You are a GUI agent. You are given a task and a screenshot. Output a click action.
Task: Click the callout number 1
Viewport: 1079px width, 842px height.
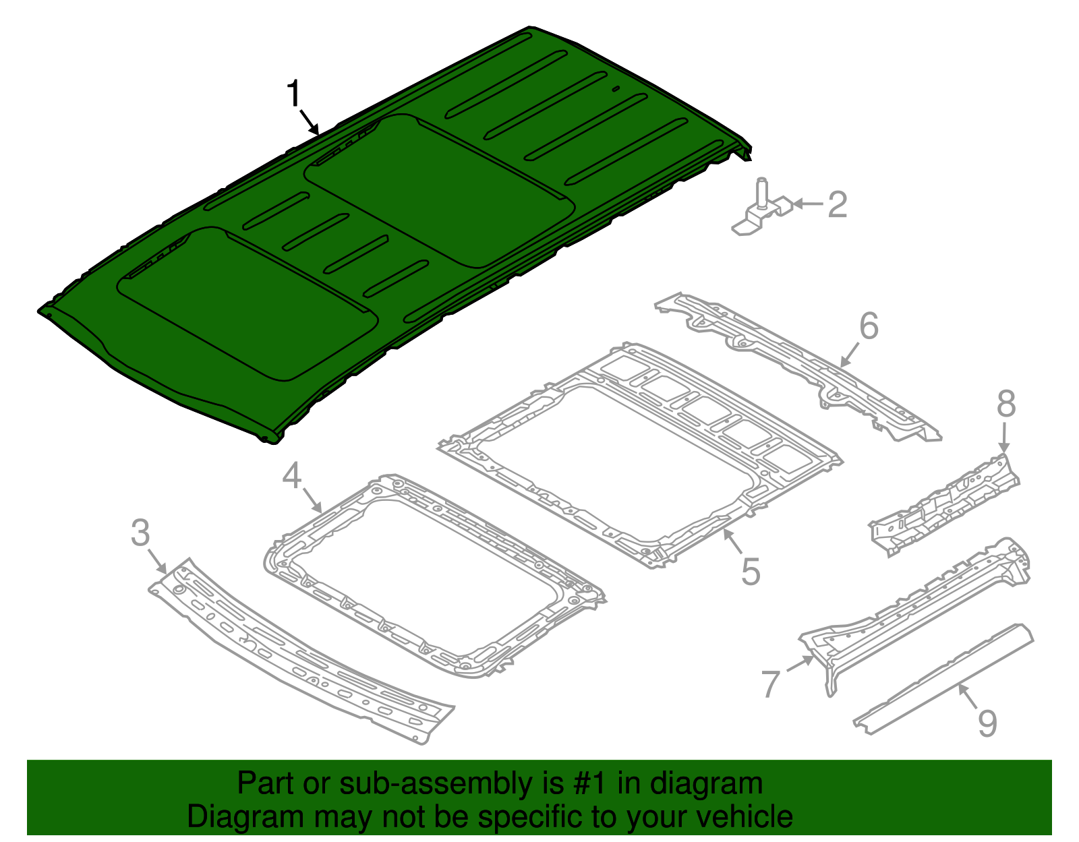pos(293,94)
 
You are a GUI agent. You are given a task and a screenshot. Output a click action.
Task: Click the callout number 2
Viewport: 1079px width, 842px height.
pos(837,204)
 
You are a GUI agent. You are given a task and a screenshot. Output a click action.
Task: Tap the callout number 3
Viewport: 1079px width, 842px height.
pos(140,533)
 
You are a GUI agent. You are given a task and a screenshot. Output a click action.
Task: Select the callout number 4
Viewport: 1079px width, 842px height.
pos(291,476)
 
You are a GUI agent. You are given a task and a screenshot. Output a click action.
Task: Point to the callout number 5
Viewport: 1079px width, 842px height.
pos(751,572)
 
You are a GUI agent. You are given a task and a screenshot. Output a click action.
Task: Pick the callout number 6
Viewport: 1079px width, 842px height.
pos(869,326)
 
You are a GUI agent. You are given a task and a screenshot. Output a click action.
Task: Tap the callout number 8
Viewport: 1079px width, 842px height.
pos(1005,404)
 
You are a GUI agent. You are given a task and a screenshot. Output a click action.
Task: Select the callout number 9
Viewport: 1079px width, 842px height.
pos(987,723)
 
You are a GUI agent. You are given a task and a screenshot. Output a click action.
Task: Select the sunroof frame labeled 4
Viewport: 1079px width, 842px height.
pos(432,573)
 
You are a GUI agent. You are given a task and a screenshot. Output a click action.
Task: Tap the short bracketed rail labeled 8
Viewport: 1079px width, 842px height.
pos(944,502)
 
